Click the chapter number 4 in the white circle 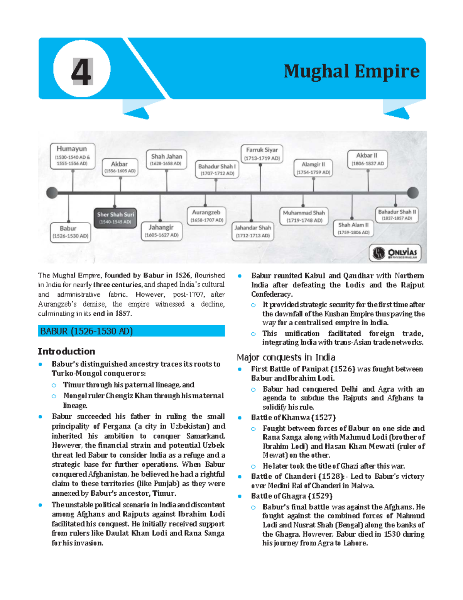tap(82, 71)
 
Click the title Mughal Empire tap(351, 71)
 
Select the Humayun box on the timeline tap(72, 156)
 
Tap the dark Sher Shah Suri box tap(115, 218)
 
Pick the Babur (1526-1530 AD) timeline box tap(71, 232)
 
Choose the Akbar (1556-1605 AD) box tap(120, 167)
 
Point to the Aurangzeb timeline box tap(206, 216)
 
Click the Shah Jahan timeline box tap(166, 160)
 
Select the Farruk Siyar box tap(262, 154)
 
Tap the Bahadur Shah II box tap(397, 215)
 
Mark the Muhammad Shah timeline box tap(304, 216)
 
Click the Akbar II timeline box tap(367, 159)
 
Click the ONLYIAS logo tap(395, 253)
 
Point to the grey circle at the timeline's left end tap(52, 192)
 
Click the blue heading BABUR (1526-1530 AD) tap(131, 331)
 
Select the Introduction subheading tap(66, 351)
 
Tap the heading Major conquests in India tap(286, 357)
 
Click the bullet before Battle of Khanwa tap(240, 418)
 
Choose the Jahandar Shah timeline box tap(253, 231)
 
